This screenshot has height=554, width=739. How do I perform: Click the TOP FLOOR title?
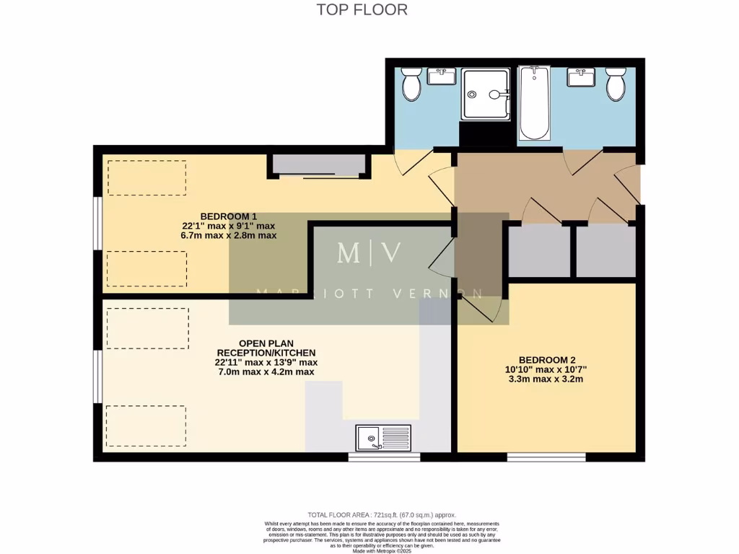(362, 9)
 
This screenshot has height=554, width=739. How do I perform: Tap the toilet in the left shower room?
(412, 85)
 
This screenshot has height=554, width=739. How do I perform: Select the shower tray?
(486, 94)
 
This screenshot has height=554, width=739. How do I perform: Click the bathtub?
(535, 103)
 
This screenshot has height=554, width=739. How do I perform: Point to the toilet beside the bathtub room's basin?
(616, 85)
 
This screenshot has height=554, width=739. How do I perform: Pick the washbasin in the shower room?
(440, 76)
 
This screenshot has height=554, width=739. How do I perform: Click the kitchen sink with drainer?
(383, 438)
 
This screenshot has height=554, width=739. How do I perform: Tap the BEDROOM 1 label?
(228, 216)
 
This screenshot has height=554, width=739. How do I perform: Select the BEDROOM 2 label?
(547, 360)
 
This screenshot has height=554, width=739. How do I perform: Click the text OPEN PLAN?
(266, 343)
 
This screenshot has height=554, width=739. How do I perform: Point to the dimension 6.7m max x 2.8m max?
(228, 235)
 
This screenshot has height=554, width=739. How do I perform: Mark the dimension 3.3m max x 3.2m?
(547, 379)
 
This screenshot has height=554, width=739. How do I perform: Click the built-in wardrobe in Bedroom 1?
(318, 165)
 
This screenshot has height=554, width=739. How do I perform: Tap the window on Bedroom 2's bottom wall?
(546, 457)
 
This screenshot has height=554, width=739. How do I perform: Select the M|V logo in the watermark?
(369, 253)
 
